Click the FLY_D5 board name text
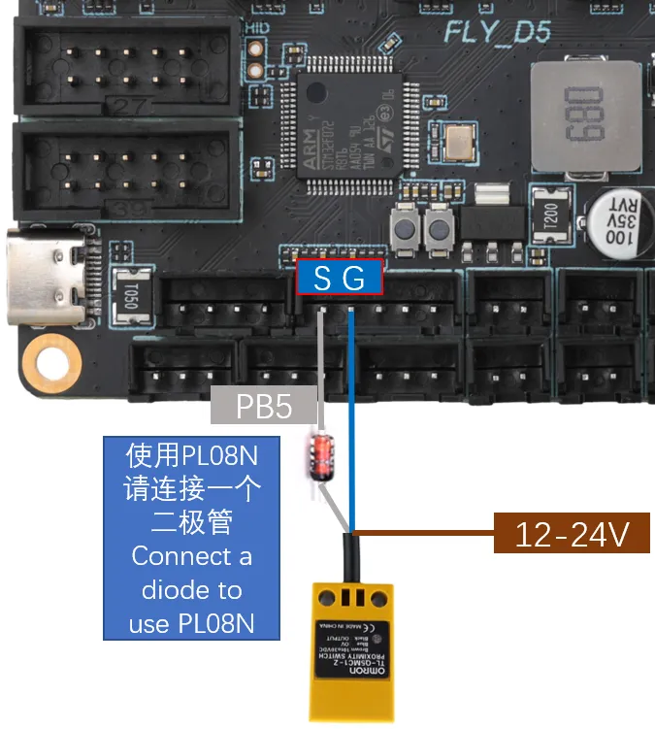click(x=498, y=32)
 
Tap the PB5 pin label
click(x=265, y=406)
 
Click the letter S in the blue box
click(x=322, y=279)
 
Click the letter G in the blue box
click(x=354, y=279)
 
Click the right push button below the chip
click(x=439, y=229)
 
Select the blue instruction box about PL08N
click(x=191, y=538)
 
